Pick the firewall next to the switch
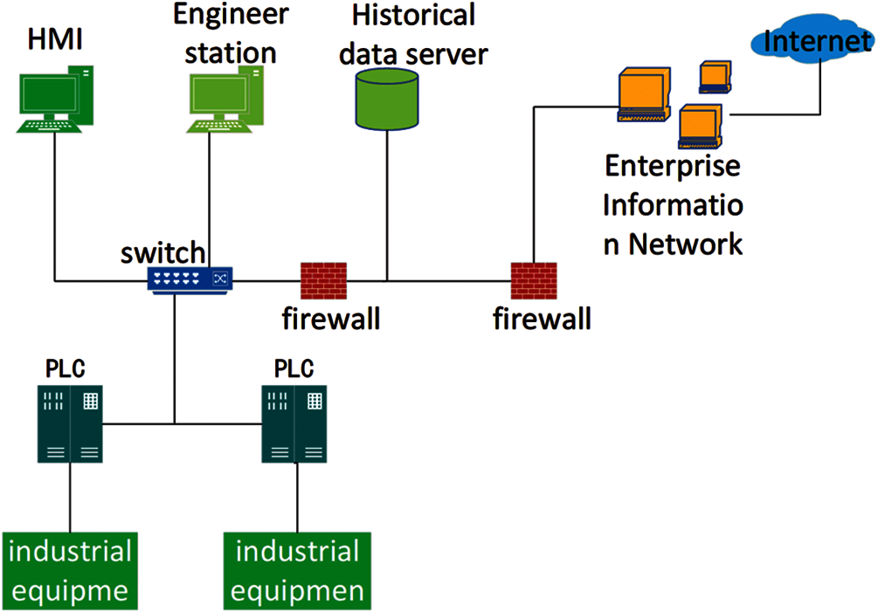click(x=324, y=280)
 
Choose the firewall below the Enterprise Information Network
click(x=535, y=280)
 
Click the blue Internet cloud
click(x=811, y=39)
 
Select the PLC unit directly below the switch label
click(x=70, y=424)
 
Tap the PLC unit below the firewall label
click(x=295, y=424)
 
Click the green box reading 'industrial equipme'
click(x=70, y=571)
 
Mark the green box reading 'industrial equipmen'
click(x=298, y=571)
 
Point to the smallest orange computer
click(x=714, y=77)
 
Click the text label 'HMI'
click(x=56, y=40)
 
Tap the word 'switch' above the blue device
click(x=163, y=253)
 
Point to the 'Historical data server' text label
click(x=413, y=34)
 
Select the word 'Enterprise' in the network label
click(x=673, y=166)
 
